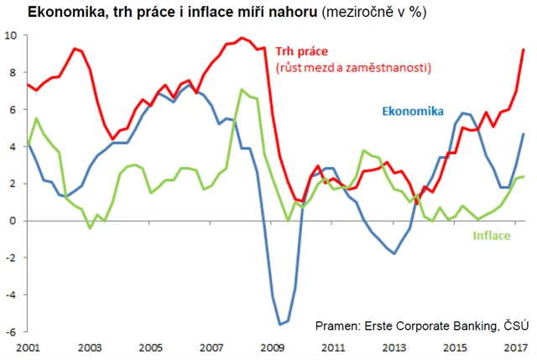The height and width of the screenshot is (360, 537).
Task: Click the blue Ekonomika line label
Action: tap(413, 111)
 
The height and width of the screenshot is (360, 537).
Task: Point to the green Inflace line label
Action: tap(490, 236)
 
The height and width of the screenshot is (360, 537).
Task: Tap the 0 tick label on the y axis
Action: tap(13, 221)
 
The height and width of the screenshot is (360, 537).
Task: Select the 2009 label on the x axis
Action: tap(270, 346)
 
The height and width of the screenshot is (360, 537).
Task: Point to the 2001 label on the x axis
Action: tap(29, 346)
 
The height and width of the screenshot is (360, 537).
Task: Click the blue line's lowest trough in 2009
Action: tap(279, 324)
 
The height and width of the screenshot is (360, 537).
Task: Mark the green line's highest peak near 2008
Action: tap(242, 90)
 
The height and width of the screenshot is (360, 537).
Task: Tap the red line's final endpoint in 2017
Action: tap(524, 50)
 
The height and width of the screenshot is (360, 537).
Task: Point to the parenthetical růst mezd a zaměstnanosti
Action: tap(352, 66)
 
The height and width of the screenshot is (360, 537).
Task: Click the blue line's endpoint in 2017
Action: tap(524, 134)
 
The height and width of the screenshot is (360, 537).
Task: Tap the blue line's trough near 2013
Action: tap(394, 253)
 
